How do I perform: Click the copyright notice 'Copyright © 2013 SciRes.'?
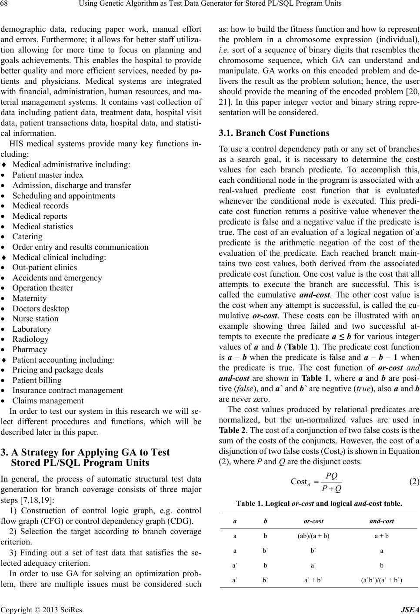click(42, 609)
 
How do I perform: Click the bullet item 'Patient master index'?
click(48, 175)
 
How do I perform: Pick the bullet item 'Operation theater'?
click(43, 288)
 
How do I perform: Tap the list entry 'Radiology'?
click(30, 339)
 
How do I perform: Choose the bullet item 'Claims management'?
click(48, 401)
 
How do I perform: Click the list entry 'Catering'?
click(27, 237)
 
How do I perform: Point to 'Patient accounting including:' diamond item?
click(63, 360)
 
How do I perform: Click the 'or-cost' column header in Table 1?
click(313, 521)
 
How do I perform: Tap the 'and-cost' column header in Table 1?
click(381, 521)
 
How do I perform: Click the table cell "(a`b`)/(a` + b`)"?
click(381, 579)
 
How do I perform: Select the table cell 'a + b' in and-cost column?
click(381, 535)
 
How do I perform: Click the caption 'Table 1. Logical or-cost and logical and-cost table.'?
click(319, 504)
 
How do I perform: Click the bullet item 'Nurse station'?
click(35, 319)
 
